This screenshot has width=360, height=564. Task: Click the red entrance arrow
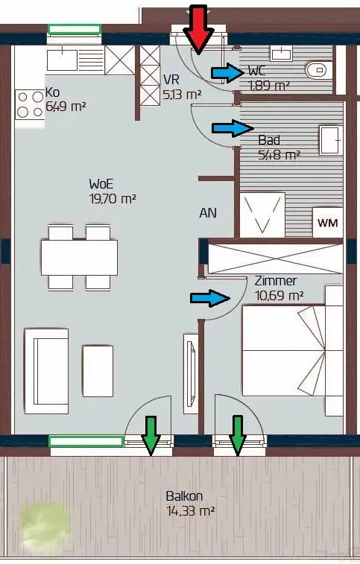[x=198, y=30]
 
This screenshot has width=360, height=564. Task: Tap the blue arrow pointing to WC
[x=228, y=73]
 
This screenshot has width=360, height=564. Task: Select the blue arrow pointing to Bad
[x=233, y=128]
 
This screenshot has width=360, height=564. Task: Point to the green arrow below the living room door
[x=151, y=434]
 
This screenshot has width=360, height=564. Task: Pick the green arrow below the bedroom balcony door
[x=237, y=434]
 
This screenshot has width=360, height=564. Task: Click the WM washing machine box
[x=328, y=223]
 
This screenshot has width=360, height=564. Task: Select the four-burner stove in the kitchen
[x=31, y=104]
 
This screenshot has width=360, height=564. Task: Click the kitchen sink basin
[x=62, y=60]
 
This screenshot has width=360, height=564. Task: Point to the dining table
[x=79, y=258]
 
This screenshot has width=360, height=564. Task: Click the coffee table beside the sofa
[x=98, y=371]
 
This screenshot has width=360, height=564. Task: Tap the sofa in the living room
[x=47, y=371]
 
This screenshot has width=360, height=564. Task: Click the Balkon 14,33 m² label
[x=190, y=503]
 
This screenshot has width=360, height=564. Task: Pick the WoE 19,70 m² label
[x=113, y=191]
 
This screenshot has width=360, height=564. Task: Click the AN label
[x=208, y=213]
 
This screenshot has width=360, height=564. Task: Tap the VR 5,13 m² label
[x=182, y=86]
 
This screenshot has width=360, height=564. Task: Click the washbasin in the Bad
[x=330, y=140]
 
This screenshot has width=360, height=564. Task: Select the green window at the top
[x=75, y=30]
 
